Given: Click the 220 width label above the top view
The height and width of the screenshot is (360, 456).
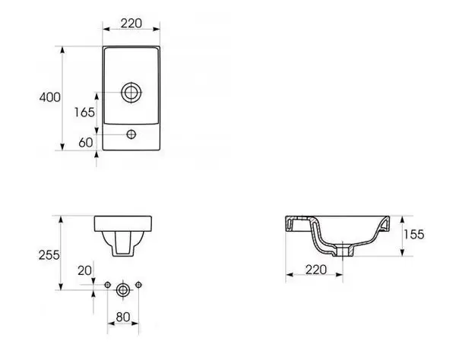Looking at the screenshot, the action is click(131, 24).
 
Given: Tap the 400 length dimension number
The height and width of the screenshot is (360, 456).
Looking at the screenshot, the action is click(50, 97).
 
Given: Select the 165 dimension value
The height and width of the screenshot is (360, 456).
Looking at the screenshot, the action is click(84, 112).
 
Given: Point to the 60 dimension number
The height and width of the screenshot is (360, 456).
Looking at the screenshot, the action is click(86, 142).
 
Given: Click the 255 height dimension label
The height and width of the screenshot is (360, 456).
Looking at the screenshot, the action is click(49, 255).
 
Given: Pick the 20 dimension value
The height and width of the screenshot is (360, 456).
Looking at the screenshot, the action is click(84, 271).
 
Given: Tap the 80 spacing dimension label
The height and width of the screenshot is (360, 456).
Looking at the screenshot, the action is click(123, 317).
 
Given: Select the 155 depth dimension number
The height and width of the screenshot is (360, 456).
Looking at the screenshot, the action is click(414, 234).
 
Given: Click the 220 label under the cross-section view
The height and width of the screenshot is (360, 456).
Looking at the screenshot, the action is click(316, 270).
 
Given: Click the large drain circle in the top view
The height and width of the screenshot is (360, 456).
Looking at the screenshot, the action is click(131, 93).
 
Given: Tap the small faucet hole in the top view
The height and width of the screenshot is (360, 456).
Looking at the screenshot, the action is click(131, 134).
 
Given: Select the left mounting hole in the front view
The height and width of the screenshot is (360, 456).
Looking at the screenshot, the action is click(108, 285).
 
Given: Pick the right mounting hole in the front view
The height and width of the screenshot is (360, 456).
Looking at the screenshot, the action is click(139, 285).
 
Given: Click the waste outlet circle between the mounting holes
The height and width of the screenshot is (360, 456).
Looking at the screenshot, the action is click(122, 290).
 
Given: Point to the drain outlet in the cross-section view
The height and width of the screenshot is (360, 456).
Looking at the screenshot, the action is click(344, 251).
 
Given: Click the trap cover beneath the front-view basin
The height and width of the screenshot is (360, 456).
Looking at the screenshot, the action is click(123, 244).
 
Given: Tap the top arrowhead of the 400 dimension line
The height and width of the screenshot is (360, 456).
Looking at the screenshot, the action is click(62, 50).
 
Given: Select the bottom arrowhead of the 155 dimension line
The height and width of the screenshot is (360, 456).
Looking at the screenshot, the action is click(403, 252).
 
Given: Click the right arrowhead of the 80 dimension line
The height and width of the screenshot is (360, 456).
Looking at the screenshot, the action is click(135, 324).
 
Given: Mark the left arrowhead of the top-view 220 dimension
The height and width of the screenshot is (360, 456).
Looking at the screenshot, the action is click(106, 29).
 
